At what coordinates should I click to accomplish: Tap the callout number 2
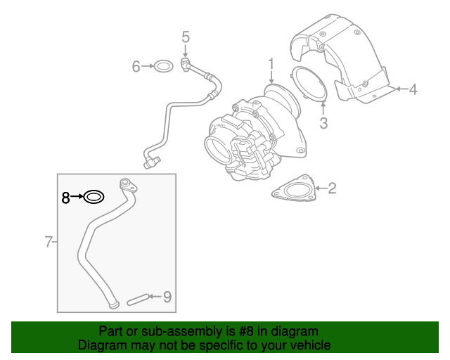coord(332,188)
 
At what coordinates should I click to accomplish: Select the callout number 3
coord(323,123)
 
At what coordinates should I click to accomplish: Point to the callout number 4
coord(413,89)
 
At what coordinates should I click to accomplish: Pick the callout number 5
coord(186,37)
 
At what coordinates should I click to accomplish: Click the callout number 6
coord(136,66)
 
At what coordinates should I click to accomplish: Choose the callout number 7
coord(49,242)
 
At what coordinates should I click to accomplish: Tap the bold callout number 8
coord(65,198)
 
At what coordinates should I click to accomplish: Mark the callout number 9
coord(167,297)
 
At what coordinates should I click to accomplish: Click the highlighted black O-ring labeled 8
coord(94,191)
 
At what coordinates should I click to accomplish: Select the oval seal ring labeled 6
coord(164,61)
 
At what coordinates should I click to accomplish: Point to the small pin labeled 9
coord(138,300)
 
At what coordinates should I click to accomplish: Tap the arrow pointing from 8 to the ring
coord(77,197)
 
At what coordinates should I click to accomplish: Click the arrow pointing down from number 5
coord(186,51)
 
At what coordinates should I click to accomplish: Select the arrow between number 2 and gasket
coord(321,188)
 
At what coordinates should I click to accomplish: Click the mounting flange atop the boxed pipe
coord(128,186)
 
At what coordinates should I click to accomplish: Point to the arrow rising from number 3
coord(323,109)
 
